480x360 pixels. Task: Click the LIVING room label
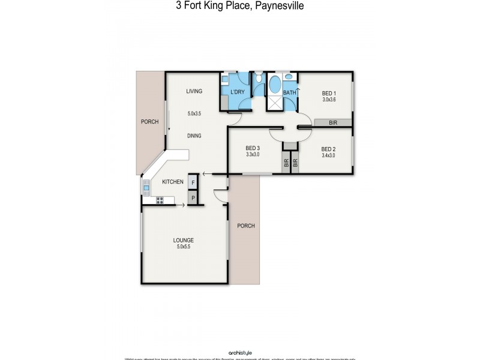click(194, 91)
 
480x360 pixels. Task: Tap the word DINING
click(194, 136)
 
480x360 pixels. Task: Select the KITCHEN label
click(172, 181)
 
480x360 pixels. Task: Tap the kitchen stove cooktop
click(160, 200)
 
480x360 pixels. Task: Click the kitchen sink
click(146, 188)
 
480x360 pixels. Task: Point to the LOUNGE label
click(184, 240)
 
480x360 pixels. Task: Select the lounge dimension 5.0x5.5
click(184, 247)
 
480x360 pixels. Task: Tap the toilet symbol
click(258, 78)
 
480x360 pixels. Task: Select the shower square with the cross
click(274, 103)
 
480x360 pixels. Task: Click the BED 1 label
click(328, 93)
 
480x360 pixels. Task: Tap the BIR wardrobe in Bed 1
click(332, 122)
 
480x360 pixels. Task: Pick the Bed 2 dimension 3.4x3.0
click(328, 155)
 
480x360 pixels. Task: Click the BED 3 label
click(253, 148)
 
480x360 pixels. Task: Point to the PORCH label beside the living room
click(149, 122)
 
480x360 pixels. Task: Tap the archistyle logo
click(240, 352)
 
